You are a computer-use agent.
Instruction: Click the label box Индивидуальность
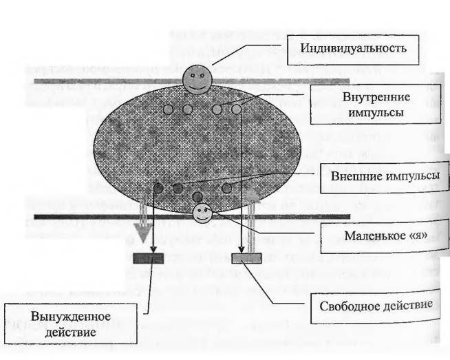pyautogui.click(x=353, y=50)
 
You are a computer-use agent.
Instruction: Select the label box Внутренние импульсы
pyautogui.click(x=376, y=104)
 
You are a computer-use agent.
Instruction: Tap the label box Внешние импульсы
pyautogui.click(x=385, y=177)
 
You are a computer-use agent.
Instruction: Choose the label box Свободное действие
pyautogui.click(x=376, y=306)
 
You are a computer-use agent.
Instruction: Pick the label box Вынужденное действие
pyautogui.click(x=71, y=324)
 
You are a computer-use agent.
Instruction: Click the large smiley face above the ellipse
pyautogui.click(x=197, y=79)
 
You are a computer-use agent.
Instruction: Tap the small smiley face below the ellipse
pyautogui.click(x=202, y=213)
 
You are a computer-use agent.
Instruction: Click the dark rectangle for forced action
pyautogui.click(x=149, y=258)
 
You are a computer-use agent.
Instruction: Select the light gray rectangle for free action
pyautogui.click(x=246, y=258)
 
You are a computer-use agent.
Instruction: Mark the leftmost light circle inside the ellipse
pyautogui.click(x=169, y=109)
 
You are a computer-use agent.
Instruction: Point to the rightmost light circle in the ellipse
pyautogui.click(x=237, y=109)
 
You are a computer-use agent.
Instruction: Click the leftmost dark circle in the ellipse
pyautogui.click(x=158, y=189)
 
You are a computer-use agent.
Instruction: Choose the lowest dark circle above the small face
pyautogui.click(x=197, y=197)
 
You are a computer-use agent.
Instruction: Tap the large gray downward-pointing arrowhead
pyautogui.click(x=143, y=232)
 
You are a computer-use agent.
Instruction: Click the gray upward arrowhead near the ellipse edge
pyautogui.click(x=251, y=195)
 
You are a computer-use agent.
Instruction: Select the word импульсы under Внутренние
pyautogui.click(x=376, y=112)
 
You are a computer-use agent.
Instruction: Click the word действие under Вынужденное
pyautogui.click(x=71, y=332)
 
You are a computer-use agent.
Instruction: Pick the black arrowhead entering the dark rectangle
pyautogui.click(x=153, y=249)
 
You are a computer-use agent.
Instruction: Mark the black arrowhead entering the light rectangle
pyautogui.click(x=242, y=249)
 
